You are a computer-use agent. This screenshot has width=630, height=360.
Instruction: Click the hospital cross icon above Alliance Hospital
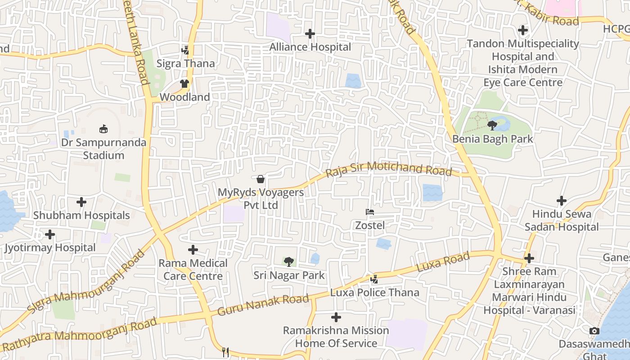(310, 34)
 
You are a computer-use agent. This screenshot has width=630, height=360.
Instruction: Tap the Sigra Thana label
(185, 63)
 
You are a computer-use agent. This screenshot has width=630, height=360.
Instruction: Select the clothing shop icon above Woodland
(184, 83)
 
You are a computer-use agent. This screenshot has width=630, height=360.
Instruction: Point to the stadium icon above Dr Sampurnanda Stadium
(103, 129)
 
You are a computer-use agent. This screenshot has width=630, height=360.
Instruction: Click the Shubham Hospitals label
(81, 216)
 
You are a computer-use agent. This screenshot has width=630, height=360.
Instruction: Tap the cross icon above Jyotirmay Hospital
(50, 234)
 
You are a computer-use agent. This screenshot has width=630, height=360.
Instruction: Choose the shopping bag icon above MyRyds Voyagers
(261, 179)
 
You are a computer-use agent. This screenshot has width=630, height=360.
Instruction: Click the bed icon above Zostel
(370, 211)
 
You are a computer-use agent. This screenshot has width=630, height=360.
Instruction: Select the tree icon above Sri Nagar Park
(289, 261)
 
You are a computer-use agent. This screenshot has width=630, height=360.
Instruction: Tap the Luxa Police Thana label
(374, 292)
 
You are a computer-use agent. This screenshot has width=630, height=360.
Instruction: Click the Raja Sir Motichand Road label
(389, 169)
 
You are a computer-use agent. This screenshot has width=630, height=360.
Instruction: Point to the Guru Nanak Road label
(263, 305)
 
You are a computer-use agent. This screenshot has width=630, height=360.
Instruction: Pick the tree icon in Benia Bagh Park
(492, 125)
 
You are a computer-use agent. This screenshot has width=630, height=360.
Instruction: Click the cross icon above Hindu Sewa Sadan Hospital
(561, 200)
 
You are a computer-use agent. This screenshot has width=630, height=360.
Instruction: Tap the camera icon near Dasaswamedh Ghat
(594, 331)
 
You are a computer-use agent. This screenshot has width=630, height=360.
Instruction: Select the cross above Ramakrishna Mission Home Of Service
(336, 317)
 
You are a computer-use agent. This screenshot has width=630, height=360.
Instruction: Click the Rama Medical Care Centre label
(193, 269)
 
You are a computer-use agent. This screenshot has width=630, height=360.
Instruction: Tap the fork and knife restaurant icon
(225, 352)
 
